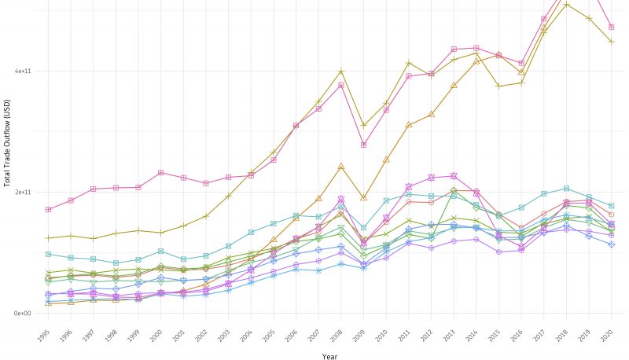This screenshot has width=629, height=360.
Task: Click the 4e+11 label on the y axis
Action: coord(21,72)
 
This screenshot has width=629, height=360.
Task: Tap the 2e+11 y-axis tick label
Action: coord(21,193)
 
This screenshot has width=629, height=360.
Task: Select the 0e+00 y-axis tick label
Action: coord(21,314)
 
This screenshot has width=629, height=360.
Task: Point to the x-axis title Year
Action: coord(330,355)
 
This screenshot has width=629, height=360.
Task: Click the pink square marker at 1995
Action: coord(48,210)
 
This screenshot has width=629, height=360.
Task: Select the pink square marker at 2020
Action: coord(612,28)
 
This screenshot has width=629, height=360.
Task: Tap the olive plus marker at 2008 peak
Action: coord(341,72)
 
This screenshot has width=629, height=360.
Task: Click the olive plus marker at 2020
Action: coord(612,42)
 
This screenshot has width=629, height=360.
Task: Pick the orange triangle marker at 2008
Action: coord(341,167)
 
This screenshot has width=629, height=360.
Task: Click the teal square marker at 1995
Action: coord(48,254)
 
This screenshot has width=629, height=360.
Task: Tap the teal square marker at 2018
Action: coord(566,189)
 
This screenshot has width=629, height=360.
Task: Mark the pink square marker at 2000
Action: coord(160,173)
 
